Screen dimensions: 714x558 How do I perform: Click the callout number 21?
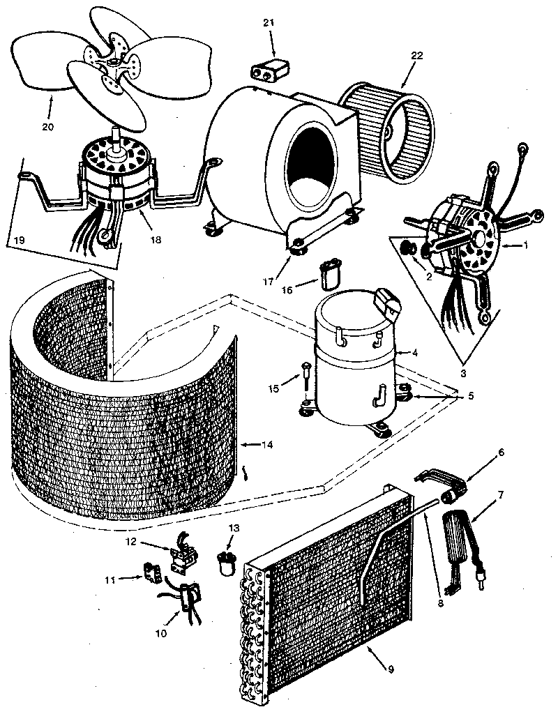pyautogui.click(x=268, y=22)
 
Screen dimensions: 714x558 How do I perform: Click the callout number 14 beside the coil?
pyautogui.click(x=268, y=444)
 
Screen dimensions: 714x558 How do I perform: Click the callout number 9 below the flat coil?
pyautogui.click(x=391, y=669)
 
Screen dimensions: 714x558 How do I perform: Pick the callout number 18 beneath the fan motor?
pyautogui.click(x=155, y=239)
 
